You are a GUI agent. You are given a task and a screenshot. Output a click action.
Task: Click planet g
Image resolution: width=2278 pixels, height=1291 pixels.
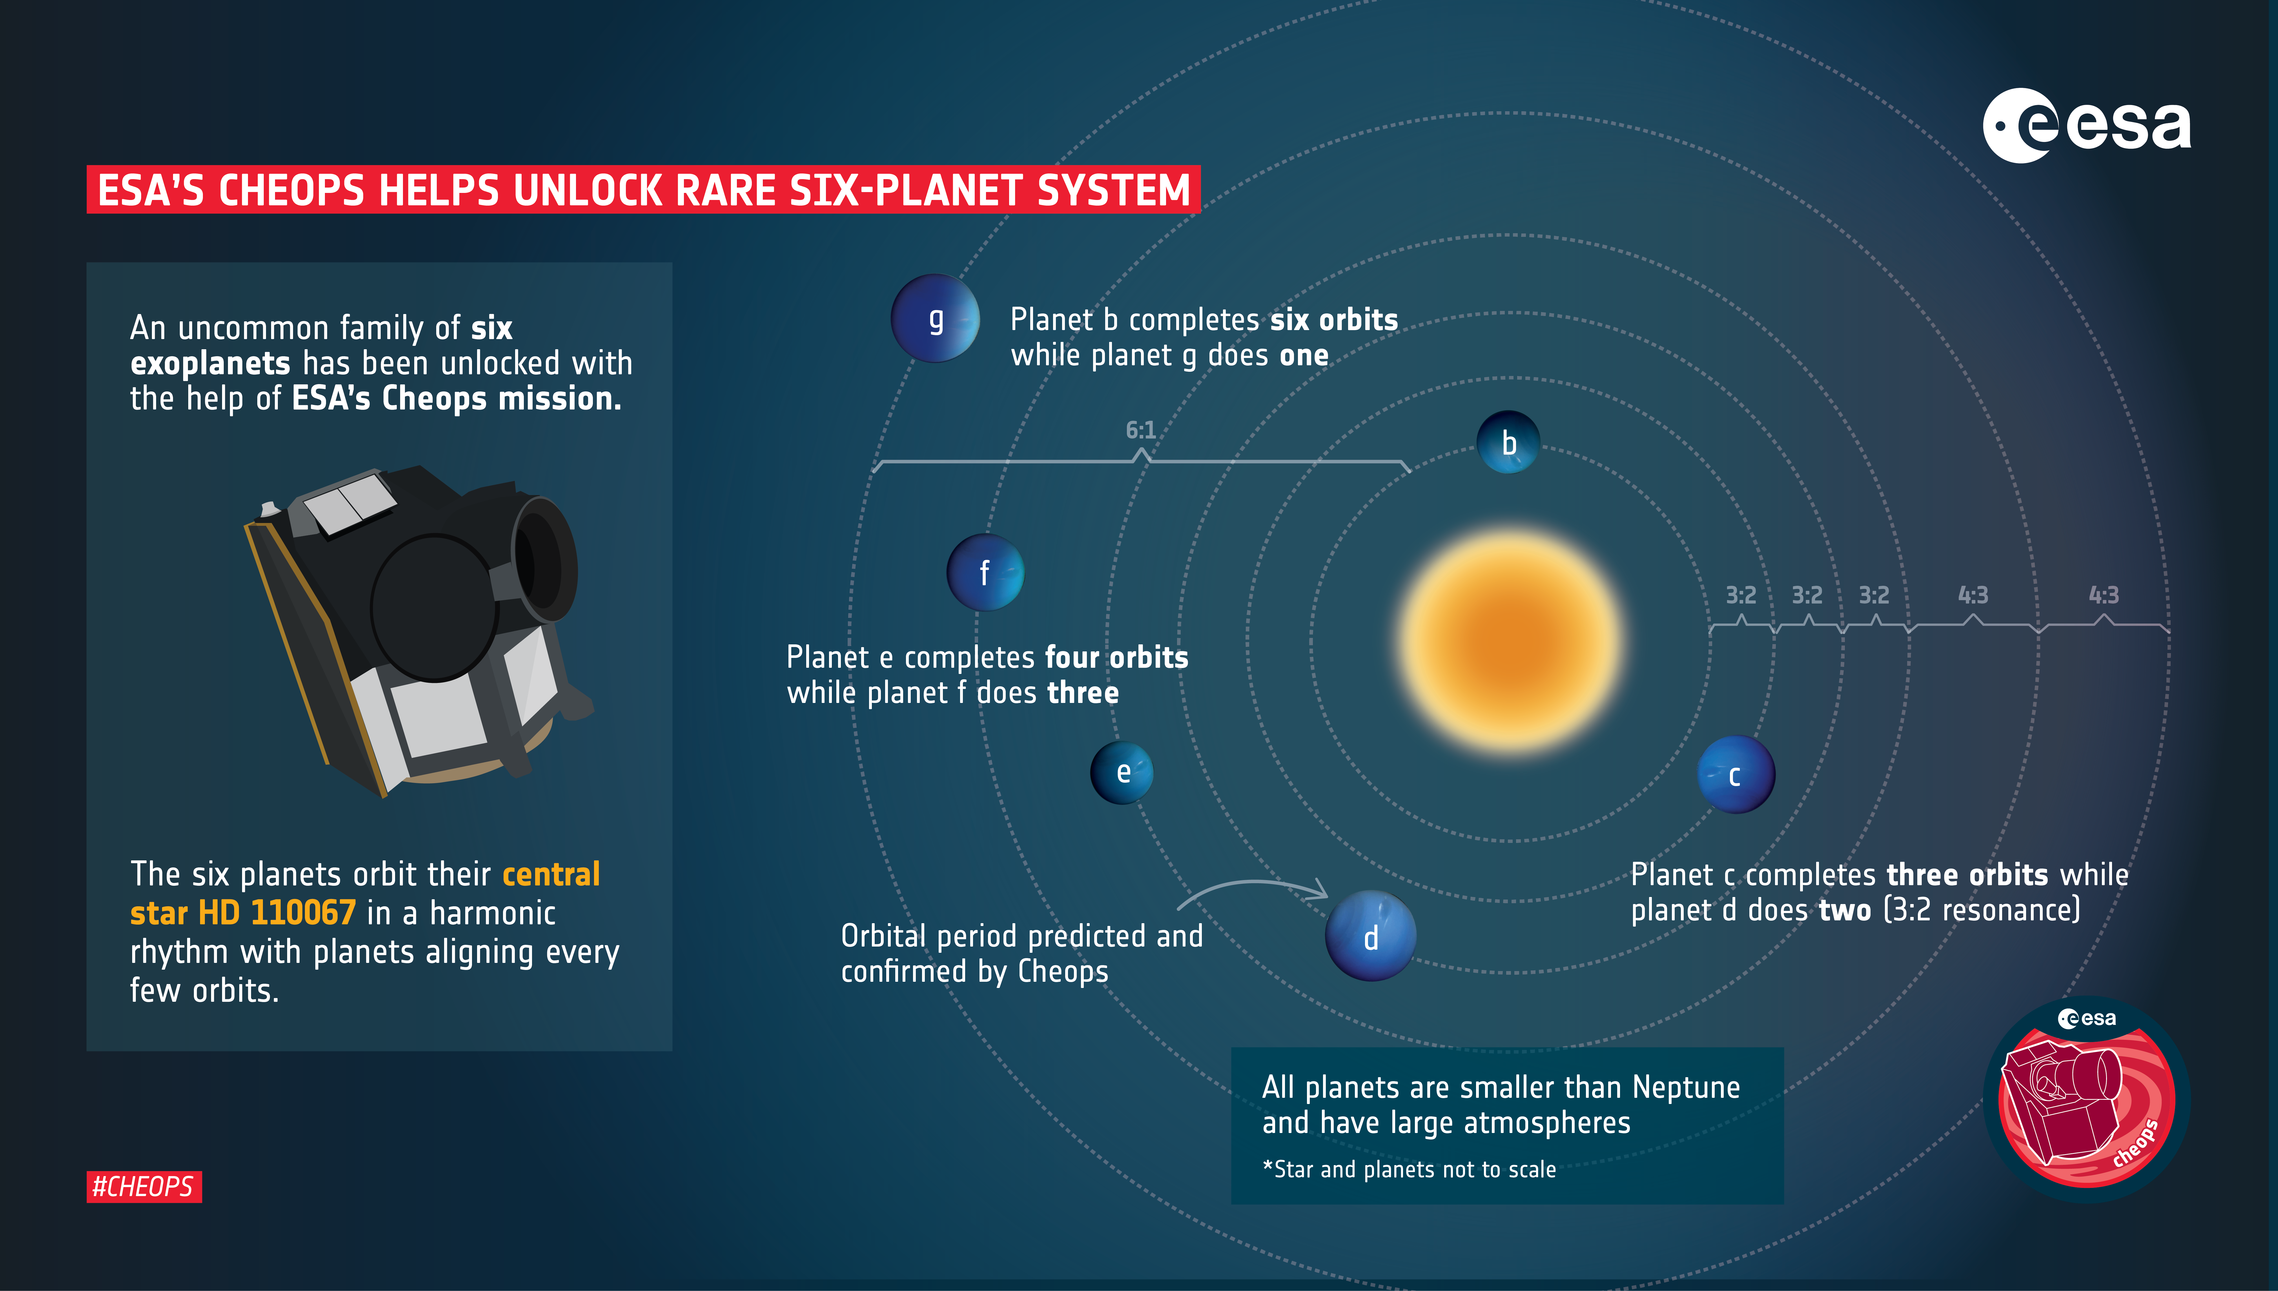(935, 318)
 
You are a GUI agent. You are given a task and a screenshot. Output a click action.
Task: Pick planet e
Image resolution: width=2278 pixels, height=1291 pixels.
(1122, 772)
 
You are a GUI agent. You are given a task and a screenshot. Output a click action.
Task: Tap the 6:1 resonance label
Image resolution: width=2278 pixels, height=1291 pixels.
(1141, 431)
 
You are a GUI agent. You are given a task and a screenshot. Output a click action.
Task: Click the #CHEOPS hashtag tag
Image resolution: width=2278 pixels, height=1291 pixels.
(144, 1186)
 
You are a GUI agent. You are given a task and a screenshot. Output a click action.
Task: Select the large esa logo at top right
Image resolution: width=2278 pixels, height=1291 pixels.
(2086, 126)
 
